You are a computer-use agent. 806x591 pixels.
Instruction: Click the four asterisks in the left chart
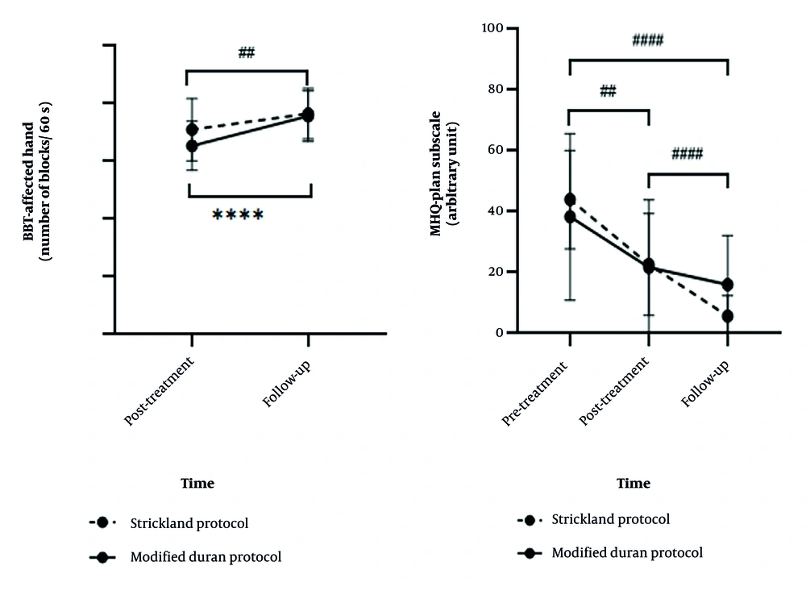(238, 214)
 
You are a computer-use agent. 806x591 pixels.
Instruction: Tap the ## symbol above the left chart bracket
(247, 53)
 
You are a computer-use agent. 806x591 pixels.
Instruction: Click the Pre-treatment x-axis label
(536, 392)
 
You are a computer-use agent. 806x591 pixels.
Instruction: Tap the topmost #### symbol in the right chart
(647, 40)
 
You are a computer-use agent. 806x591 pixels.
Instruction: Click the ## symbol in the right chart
(609, 91)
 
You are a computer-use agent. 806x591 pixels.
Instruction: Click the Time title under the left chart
(197, 484)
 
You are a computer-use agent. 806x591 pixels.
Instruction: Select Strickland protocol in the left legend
(189, 523)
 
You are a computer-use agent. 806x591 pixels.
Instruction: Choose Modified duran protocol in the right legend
(627, 553)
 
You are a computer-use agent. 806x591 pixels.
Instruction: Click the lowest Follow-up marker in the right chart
(728, 316)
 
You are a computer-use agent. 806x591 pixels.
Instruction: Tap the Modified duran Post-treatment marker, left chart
(192, 146)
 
